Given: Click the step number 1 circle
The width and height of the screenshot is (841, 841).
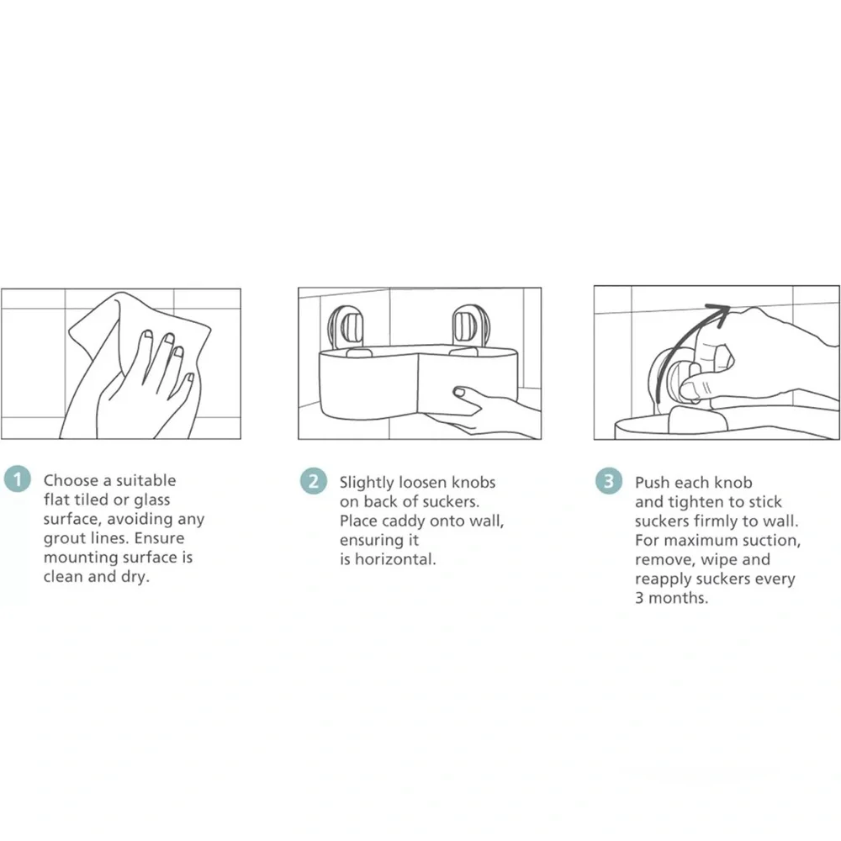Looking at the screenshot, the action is (x=17, y=479).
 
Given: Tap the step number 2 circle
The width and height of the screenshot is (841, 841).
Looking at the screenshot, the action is (x=313, y=480).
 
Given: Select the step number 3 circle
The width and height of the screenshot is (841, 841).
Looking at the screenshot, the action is (x=609, y=480).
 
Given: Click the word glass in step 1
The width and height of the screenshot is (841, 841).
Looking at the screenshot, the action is (x=151, y=500).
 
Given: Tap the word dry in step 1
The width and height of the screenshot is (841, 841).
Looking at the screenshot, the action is (x=135, y=577).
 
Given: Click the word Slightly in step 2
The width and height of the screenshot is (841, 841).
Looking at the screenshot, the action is (x=367, y=483).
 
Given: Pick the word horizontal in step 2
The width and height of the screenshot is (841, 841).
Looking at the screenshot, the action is (x=395, y=559).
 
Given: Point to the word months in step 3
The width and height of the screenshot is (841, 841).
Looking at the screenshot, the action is (x=678, y=598).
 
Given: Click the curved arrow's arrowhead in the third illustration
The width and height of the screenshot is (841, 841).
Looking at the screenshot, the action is (x=719, y=313).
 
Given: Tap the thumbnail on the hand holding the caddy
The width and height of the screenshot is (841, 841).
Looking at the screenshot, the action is (x=459, y=392).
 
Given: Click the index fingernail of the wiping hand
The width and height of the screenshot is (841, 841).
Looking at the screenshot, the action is (x=147, y=336).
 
